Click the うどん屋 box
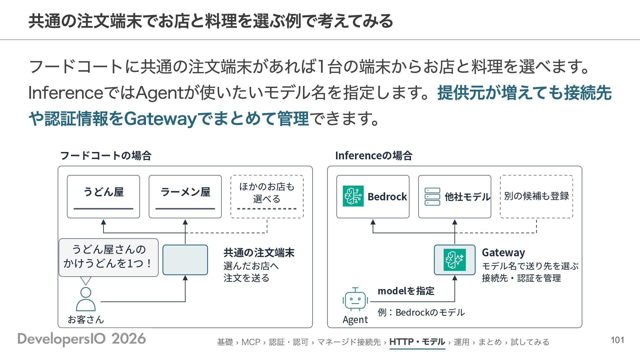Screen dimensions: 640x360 tap(103, 197)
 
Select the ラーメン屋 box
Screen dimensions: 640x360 tap(185, 197)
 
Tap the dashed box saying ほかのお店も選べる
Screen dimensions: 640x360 tap(267, 197)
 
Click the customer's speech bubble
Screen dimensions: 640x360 tap(109, 257)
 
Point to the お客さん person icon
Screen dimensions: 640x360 tap(86, 299)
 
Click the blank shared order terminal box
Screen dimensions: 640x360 tap(185, 260)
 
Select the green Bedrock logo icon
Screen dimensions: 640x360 tap(353, 196)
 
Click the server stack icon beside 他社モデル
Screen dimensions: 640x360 tap(432, 197)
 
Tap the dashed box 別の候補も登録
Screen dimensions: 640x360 tap(536, 197)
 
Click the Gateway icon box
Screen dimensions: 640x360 tap(455, 260)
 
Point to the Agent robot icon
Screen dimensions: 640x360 tap(355, 299)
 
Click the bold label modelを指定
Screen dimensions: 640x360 tap(406, 291)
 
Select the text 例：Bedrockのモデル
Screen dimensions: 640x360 tap(421, 312)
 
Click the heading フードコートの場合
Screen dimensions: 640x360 tap(106, 155)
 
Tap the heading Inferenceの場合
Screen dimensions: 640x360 tap(374, 155)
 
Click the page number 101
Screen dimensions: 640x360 tap(617, 340)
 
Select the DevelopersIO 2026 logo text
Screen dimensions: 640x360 tap(82, 339)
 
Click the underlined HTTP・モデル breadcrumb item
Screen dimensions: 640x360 tap(417, 342)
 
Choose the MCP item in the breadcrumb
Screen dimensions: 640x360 tap(251, 342)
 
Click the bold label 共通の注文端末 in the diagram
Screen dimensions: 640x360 tap(259, 253)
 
